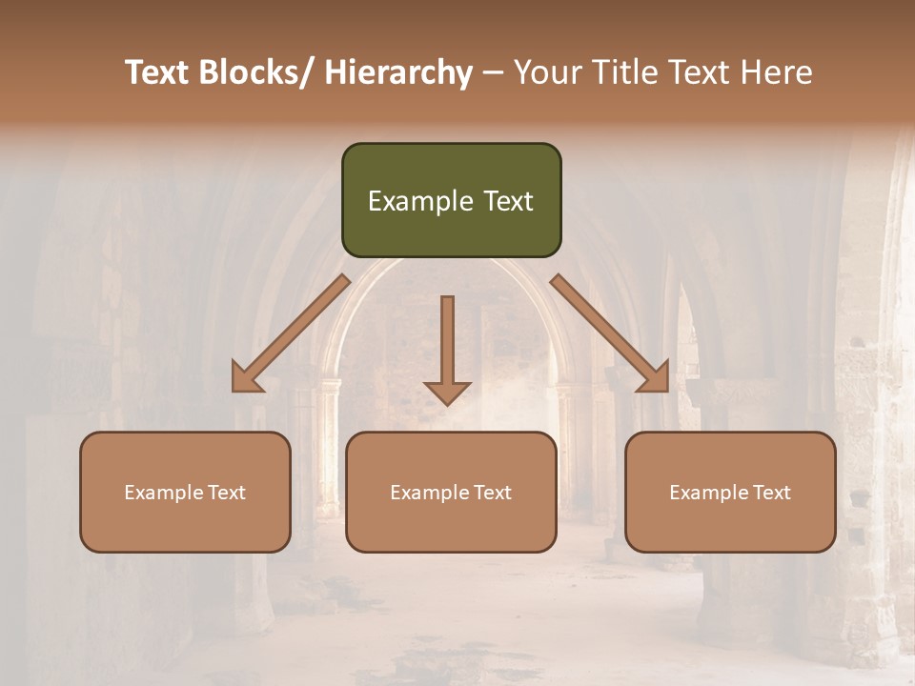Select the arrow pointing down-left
coord(291,333)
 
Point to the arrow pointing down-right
coord(610,333)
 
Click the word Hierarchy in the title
coord(398,72)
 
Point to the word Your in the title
coord(544,72)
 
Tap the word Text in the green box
coord(507,201)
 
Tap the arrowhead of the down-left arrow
coord(246,378)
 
